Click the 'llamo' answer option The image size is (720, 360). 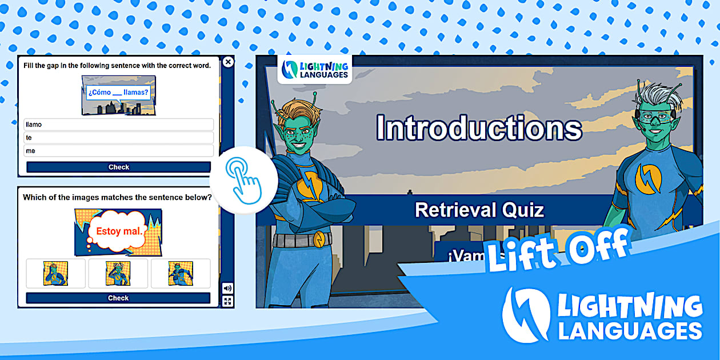tap(118, 125)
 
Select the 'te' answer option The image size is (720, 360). tap(118, 138)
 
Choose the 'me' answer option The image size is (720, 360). tap(118, 151)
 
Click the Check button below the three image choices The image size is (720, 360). tap(118, 298)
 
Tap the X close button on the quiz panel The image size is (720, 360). tap(228, 62)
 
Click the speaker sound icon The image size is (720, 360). tap(227, 288)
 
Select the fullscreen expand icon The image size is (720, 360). tap(227, 301)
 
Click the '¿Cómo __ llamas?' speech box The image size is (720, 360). tap(118, 93)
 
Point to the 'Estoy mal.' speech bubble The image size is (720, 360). tap(118, 231)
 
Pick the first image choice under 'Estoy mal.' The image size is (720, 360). tap(55, 273)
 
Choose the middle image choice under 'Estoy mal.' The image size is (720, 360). tap(118, 273)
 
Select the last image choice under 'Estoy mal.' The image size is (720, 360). tap(181, 273)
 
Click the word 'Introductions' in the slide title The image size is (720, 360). tap(479, 128)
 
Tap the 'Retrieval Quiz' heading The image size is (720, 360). tap(479, 210)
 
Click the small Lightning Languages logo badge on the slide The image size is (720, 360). tap(315, 69)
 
